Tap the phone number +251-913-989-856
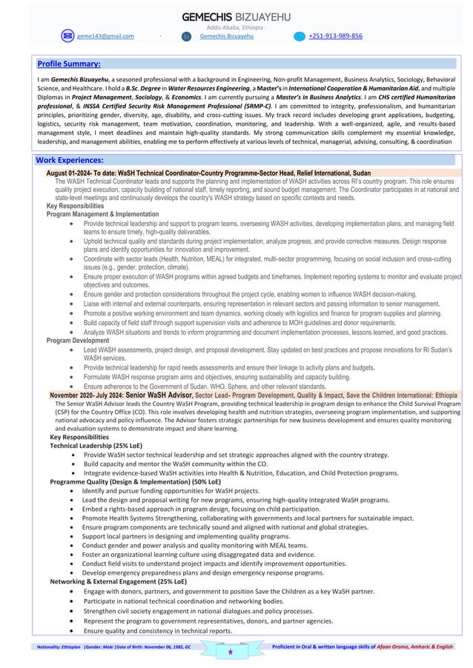coord(335,36)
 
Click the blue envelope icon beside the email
coord(68,36)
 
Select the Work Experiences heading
coord(71,160)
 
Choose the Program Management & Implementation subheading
coord(103,214)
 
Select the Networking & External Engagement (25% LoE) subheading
coord(118,582)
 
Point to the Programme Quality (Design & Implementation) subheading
coord(133,481)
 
